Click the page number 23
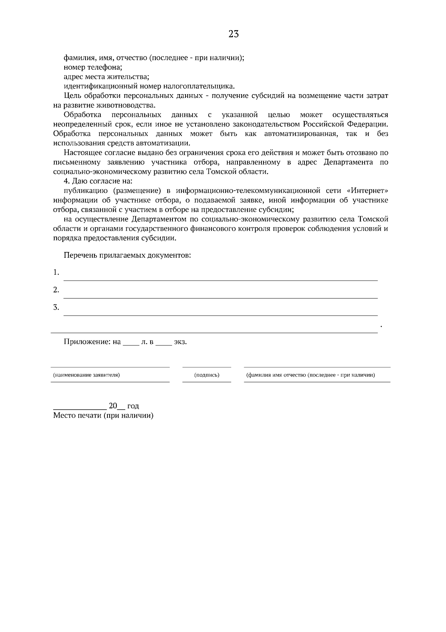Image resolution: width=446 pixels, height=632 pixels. click(x=233, y=34)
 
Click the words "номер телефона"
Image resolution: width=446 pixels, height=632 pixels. click(x=93, y=67)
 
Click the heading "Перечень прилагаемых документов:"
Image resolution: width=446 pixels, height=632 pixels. click(x=127, y=256)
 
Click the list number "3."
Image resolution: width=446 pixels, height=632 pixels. click(x=56, y=307)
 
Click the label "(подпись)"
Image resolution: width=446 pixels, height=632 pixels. click(x=207, y=375)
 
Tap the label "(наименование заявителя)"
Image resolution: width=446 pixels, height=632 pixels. click(x=86, y=375)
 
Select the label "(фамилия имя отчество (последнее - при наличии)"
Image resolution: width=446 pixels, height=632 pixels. click(x=310, y=375)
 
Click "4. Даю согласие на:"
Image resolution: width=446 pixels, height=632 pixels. click(x=98, y=181)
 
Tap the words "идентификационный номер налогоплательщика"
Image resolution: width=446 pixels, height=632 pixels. click(x=149, y=86)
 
